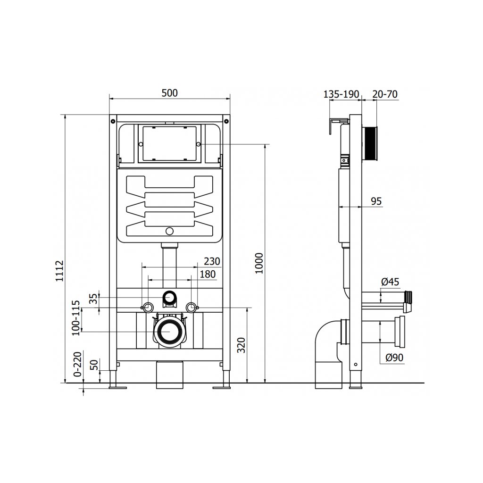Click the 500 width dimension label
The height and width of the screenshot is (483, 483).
[x=170, y=93]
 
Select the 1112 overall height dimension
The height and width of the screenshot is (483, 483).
[x=59, y=271]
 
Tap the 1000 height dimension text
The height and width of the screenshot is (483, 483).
[x=259, y=263]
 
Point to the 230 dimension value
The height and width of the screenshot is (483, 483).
[x=212, y=261]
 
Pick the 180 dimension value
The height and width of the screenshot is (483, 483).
[x=208, y=274]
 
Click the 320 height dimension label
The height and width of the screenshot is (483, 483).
[x=241, y=345]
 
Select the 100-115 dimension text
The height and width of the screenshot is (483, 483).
[x=76, y=318]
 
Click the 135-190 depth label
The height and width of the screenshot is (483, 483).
[x=341, y=94]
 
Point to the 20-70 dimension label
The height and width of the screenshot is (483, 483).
[x=385, y=94]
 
